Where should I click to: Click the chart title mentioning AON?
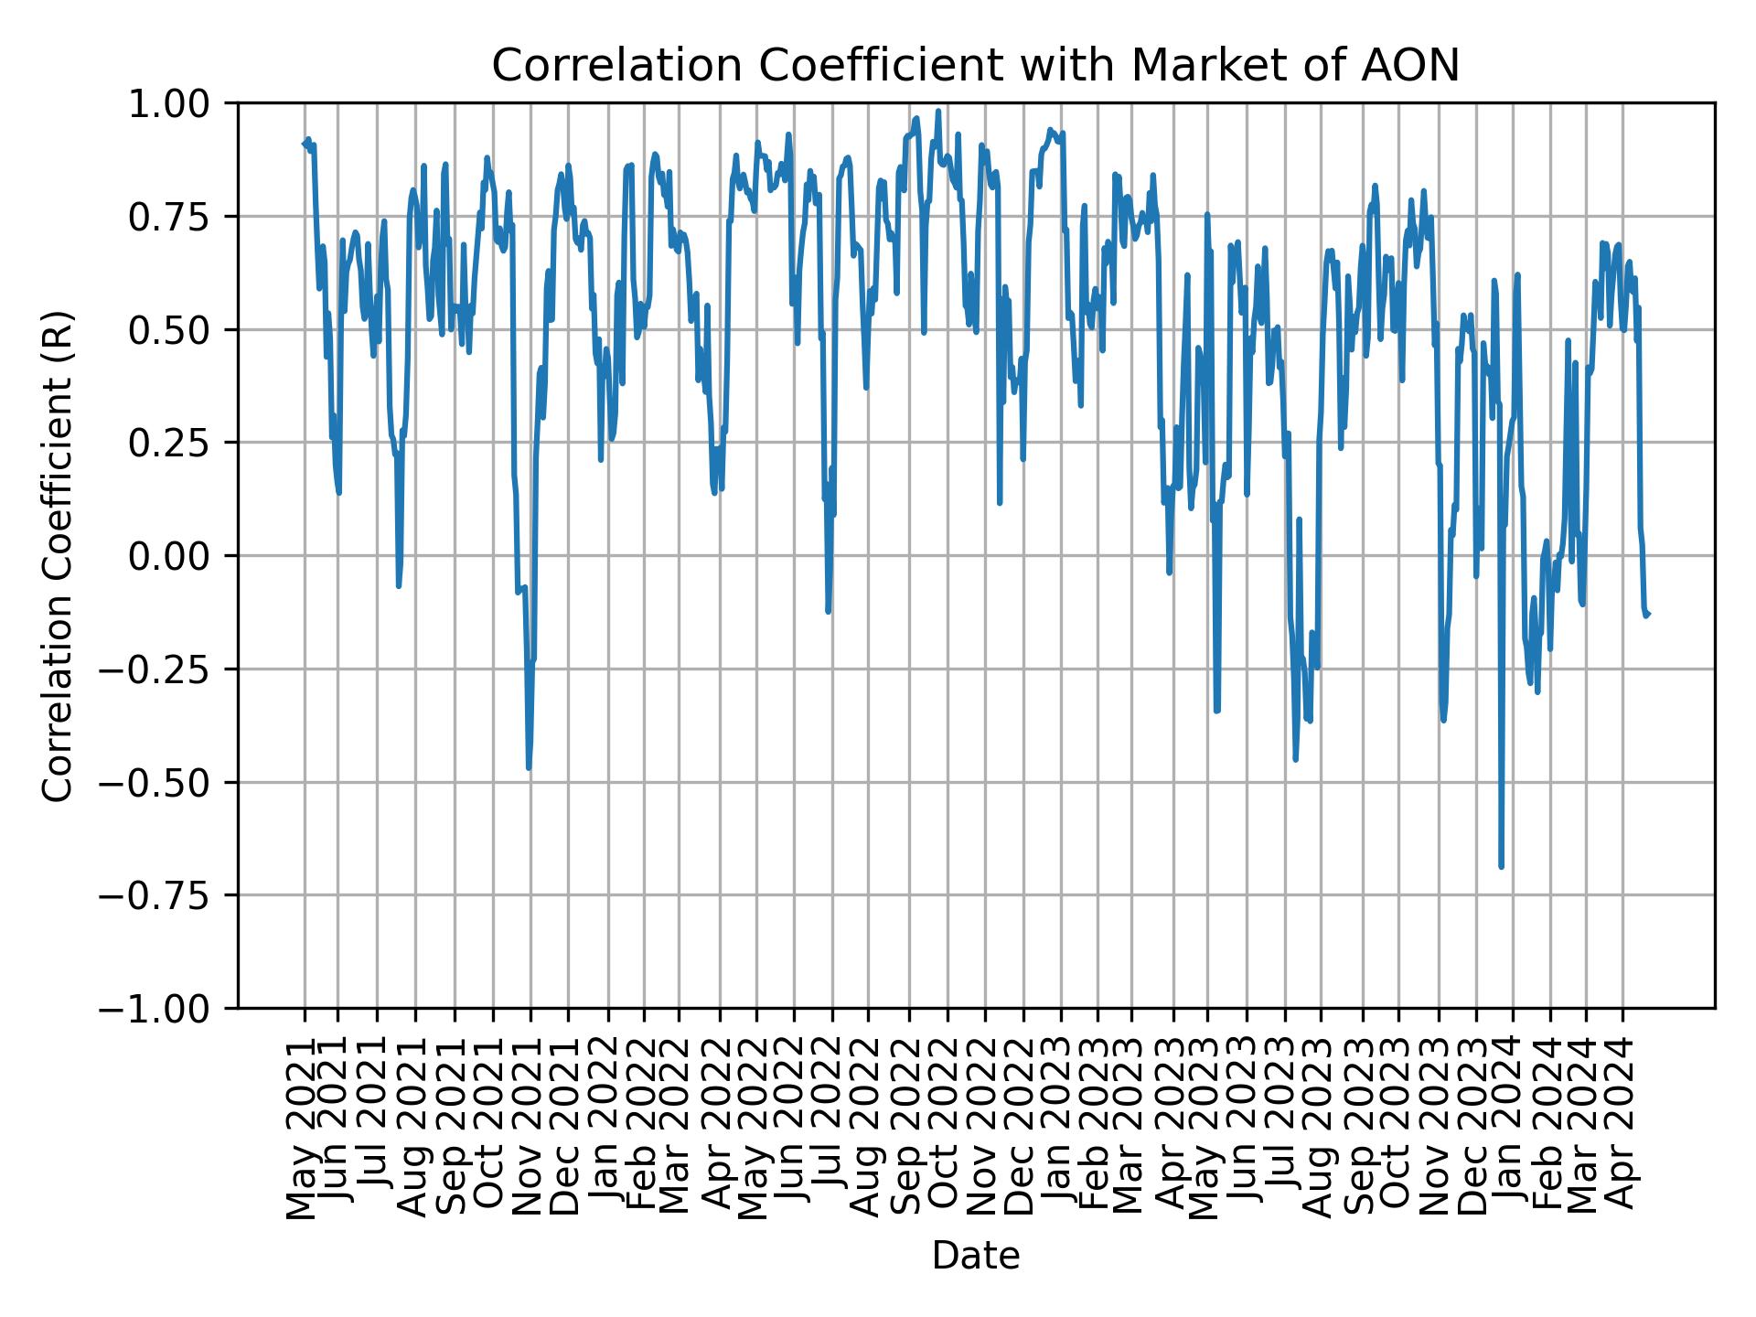(x=975, y=66)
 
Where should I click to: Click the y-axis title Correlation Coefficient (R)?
(x=58, y=555)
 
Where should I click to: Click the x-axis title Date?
(x=975, y=1257)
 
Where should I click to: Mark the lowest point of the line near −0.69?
(x=1501, y=866)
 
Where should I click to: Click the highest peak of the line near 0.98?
(x=938, y=112)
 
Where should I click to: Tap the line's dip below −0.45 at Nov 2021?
(x=529, y=767)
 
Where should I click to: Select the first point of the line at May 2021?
(x=304, y=144)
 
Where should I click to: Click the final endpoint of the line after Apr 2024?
(x=1647, y=614)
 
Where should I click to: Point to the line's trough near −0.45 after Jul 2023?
(x=1295, y=758)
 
